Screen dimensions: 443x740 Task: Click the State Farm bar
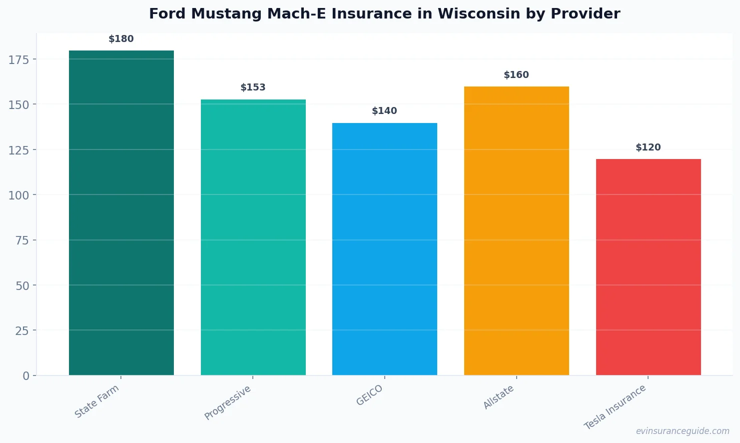(121, 212)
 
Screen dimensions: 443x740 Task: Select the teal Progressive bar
(253, 237)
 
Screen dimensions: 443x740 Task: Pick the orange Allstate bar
(516, 230)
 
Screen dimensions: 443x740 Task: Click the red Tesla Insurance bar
(648, 267)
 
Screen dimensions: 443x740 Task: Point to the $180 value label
(121, 39)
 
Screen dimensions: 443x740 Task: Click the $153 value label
(253, 87)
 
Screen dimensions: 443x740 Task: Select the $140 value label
(385, 111)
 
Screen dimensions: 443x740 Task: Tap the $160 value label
(516, 75)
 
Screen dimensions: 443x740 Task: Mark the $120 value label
(648, 147)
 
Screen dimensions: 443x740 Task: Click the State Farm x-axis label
(97, 401)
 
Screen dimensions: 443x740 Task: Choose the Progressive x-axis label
(228, 403)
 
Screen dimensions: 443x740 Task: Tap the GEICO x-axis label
(370, 395)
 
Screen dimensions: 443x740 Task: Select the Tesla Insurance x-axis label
(615, 407)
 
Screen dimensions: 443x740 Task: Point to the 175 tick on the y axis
(19, 60)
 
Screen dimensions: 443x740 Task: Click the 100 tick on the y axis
(19, 195)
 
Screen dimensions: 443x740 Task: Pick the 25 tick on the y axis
(22, 331)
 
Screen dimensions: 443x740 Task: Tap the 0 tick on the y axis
(26, 376)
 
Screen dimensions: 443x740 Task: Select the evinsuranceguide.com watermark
(683, 431)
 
